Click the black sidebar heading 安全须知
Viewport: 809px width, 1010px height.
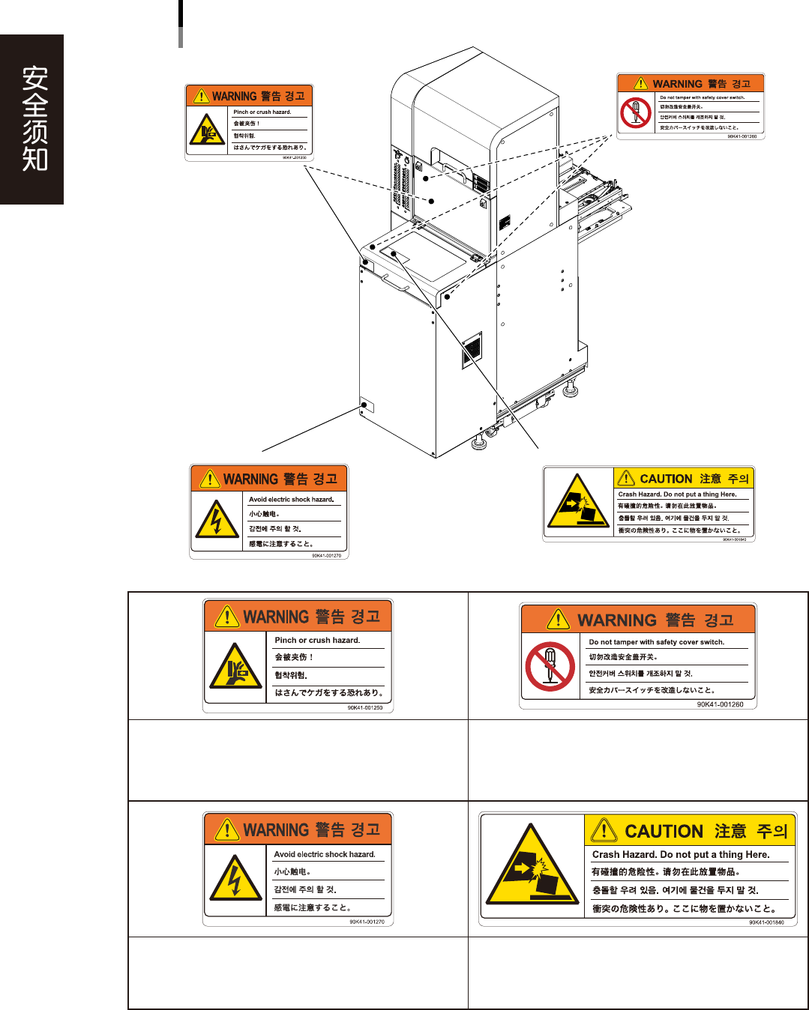tap(34, 118)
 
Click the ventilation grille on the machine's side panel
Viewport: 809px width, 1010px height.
tap(471, 350)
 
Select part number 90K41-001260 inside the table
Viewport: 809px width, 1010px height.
tap(720, 704)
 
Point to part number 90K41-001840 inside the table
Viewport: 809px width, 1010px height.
tap(766, 922)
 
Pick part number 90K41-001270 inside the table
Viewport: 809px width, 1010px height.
tap(367, 922)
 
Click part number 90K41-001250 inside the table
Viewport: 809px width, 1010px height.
tap(365, 707)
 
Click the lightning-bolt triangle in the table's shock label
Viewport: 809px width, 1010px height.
tap(235, 879)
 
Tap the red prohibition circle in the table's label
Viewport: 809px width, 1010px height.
tap(550, 668)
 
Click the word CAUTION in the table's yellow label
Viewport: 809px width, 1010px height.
tap(664, 831)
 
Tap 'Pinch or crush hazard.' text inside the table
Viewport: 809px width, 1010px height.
tap(317, 641)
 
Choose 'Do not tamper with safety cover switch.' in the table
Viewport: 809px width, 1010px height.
tap(656, 642)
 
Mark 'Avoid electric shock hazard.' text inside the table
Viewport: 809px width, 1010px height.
tap(325, 854)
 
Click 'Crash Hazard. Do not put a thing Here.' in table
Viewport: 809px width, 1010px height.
tap(680, 854)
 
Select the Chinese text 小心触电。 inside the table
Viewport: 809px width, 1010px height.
tap(292, 871)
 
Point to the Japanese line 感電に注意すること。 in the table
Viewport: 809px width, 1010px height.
tap(312, 907)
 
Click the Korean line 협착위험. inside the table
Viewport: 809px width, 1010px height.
tap(291, 675)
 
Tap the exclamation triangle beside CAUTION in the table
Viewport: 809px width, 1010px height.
tap(604, 830)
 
